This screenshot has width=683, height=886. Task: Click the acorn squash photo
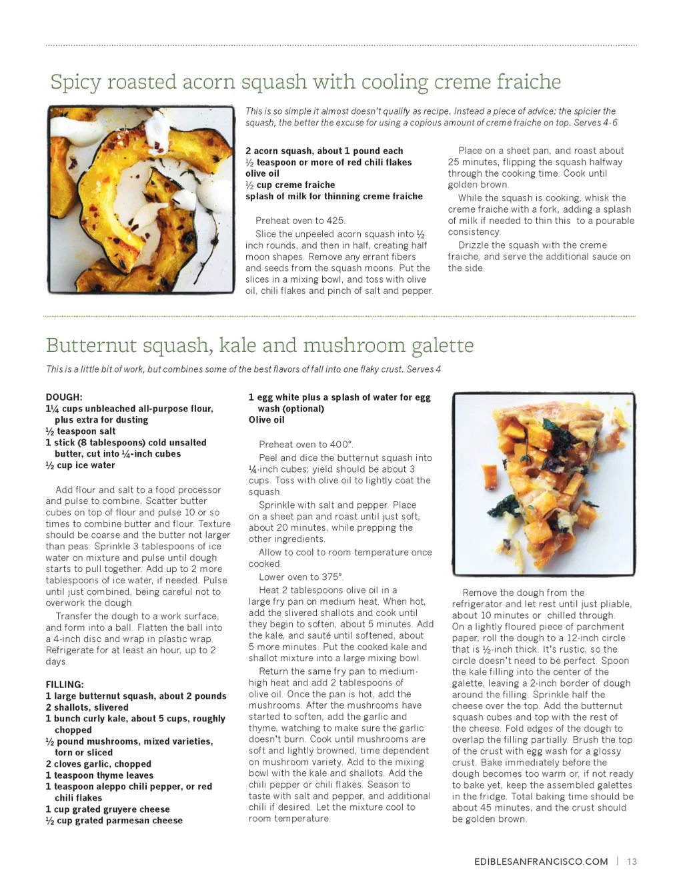pyautogui.click(x=141, y=199)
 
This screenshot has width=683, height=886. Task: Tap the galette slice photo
pyautogui.click(x=543, y=483)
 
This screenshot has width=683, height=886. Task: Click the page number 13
pyautogui.click(x=632, y=861)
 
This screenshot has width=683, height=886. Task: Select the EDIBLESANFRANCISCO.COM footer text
pyautogui.click(x=541, y=861)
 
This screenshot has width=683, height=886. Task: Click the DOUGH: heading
pyautogui.click(x=64, y=397)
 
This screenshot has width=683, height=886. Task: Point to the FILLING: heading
pyautogui.click(x=65, y=685)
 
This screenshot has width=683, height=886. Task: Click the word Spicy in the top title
pyautogui.click(x=76, y=83)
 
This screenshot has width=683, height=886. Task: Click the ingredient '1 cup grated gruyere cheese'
pyautogui.click(x=107, y=809)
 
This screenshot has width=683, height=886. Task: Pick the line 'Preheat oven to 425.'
pyautogui.click(x=300, y=221)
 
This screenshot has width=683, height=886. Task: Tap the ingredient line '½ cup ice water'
pyautogui.click(x=80, y=465)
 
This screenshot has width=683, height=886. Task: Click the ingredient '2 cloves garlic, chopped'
pyautogui.click(x=98, y=764)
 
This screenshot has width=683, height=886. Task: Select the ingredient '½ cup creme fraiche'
pyautogui.click(x=290, y=185)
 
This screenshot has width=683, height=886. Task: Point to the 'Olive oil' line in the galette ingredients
pyautogui.click(x=266, y=420)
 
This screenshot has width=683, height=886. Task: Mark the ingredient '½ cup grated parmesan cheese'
pyautogui.click(x=114, y=821)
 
